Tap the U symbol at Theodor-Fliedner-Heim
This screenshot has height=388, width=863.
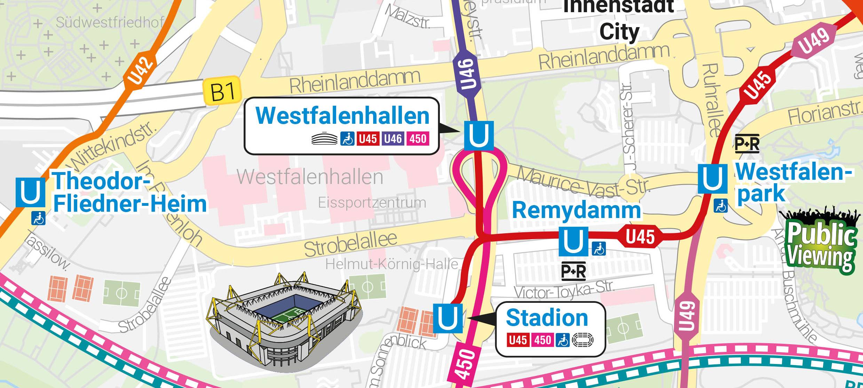point(31,192)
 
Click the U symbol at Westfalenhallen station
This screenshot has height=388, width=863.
point(478,136)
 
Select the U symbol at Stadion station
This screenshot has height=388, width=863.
point(448,318)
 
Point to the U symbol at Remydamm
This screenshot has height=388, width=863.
point(573,241)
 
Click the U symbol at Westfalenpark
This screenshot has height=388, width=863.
point(712,179)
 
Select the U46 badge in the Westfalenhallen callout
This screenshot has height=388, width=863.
point(393,139)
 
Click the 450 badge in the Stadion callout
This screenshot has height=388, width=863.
point(542,340)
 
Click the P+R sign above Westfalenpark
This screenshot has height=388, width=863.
point(747,144)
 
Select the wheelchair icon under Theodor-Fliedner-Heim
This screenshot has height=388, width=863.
point(38,218)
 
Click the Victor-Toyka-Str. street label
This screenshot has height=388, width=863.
point(564,290)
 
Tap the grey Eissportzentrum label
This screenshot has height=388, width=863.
point(372,202)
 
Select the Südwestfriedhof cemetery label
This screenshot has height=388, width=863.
point(110,23)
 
